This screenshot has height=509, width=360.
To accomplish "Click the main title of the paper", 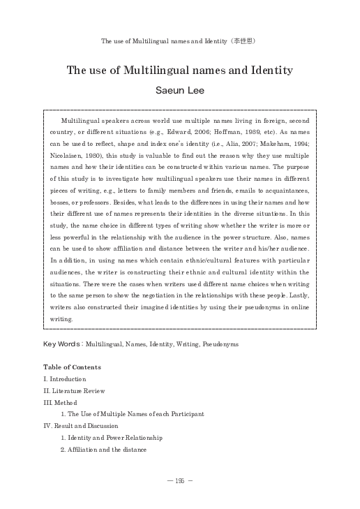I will click(x=179, y=71).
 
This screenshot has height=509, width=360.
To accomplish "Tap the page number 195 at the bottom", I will click(x=180, y=481).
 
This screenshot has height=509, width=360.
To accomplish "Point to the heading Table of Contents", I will click(x=72, y=367).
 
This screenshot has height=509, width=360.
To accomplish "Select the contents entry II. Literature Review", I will click(x=74, y=390).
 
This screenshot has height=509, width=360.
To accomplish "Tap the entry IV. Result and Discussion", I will click(x=81, y=426).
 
